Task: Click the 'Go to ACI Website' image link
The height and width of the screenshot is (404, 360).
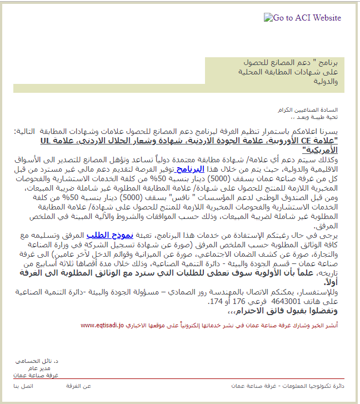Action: pos(302,18)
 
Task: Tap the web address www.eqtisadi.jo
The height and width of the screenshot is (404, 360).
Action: pos(101,325)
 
